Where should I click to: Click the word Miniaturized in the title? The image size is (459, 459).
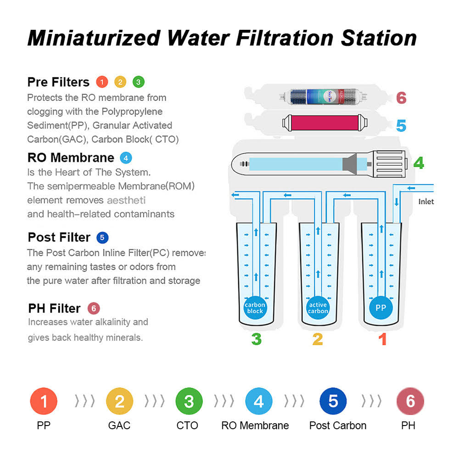coord(94,38)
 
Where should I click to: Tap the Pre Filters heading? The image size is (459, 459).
coord(58,82)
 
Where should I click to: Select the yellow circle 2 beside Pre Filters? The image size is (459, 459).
coord(120,82)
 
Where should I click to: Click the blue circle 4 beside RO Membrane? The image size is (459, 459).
coord(126,158)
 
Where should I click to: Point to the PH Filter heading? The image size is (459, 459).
coord(54,308)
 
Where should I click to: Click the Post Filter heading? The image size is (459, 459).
coord(59,237)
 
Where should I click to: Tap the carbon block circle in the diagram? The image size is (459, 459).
coord(255,308)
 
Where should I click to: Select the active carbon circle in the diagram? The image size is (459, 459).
coord(318,308)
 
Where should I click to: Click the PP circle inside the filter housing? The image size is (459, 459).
coord(381,308)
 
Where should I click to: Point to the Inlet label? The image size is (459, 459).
coord(426,202)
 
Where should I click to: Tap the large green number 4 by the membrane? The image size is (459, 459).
coord(418,163)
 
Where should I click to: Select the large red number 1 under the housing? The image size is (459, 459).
coord(382,339)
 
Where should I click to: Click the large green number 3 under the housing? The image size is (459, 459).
coord(256,339)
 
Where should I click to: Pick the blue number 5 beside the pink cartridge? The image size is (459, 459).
coord(401,125)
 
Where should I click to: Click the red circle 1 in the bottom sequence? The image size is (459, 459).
coord(44,401)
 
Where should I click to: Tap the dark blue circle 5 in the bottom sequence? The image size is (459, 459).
coord(334,401)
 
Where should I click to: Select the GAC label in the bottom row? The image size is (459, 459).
coord(119,425)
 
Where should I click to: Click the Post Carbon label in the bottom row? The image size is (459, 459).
coord(338,425)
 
